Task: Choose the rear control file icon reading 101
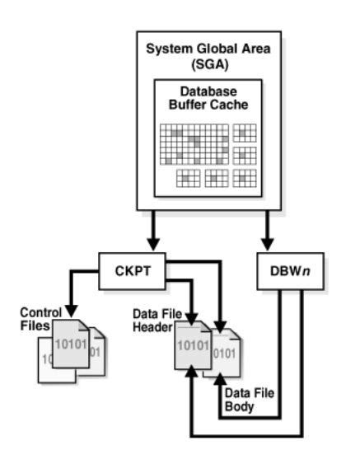click(x=95, y=353)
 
